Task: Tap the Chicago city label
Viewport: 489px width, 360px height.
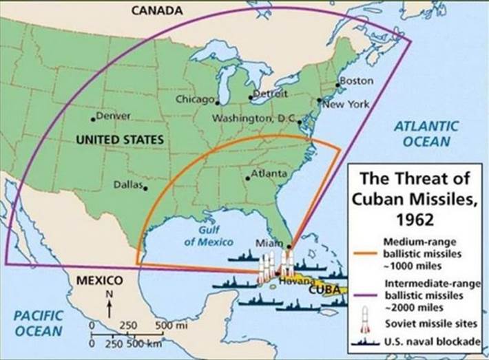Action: pyautogui.click(x=195, y=99)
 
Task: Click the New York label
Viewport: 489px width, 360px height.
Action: pyautogui.click(x=347, y=105)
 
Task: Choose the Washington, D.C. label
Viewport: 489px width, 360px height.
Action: pyautogui.click(x=253, y=118)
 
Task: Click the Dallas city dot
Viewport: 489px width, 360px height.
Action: pyautogui.click(x=145, y=187)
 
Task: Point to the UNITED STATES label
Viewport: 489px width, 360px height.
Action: pyautogui.click(x=120, y=140)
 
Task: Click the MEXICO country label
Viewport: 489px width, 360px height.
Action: pyautogui.click(x=99, y=281)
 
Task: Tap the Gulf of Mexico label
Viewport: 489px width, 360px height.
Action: pyautogui.click(x=208, y=236)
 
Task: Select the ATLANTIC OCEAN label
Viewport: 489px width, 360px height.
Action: pyautogui.click(x=426, y=134)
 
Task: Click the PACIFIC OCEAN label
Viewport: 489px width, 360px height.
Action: pyautogui.click(x=39, y=323)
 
